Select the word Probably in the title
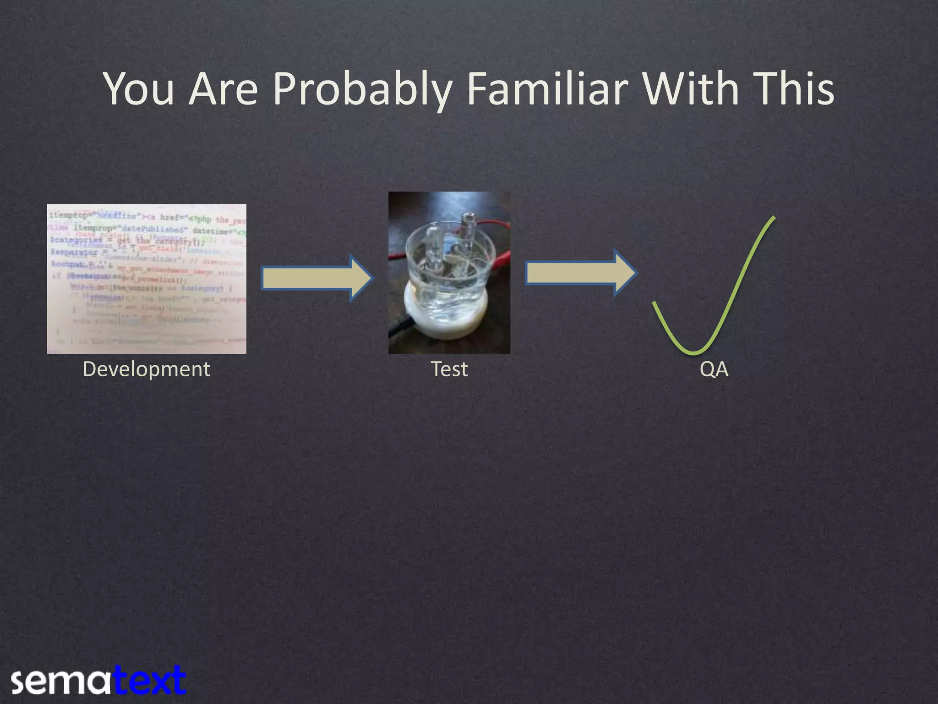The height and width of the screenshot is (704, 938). point(362,89)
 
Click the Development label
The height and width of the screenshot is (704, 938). point(146,369)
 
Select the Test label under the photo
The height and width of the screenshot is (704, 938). point(449,369)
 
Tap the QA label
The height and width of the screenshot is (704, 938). point(714,369)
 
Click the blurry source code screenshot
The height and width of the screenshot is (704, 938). point(146,279)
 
